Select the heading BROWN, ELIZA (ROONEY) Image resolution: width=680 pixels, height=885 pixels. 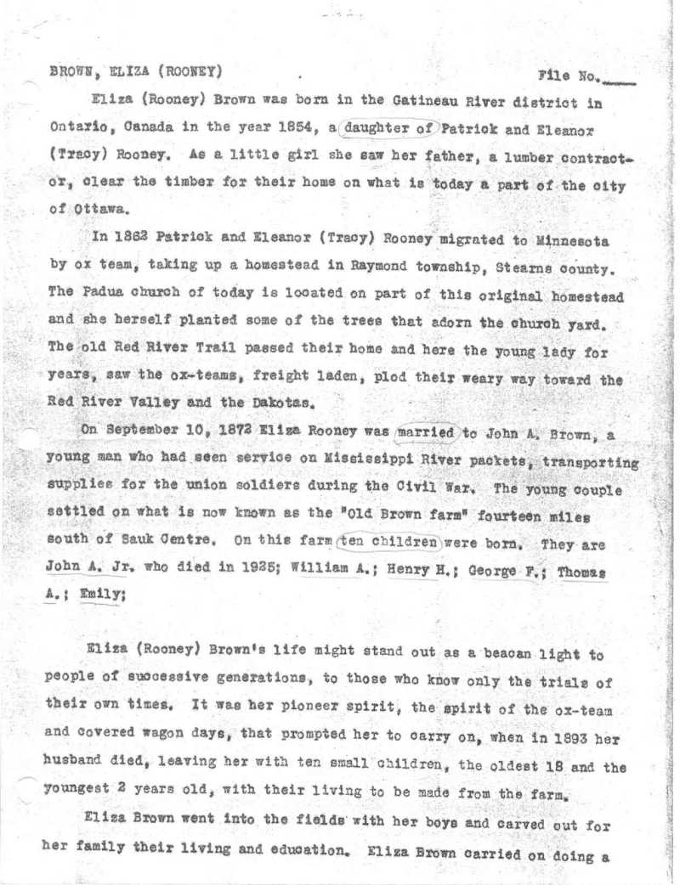tap(137, 70)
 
